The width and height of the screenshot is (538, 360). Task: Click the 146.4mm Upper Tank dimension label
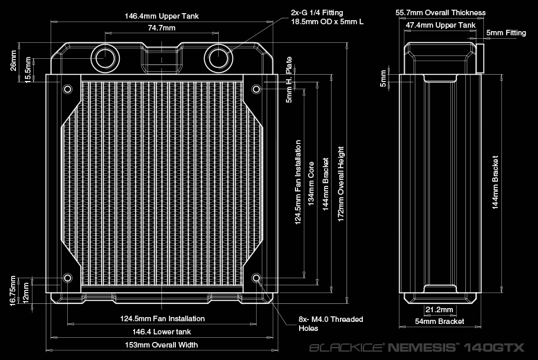[161, 16]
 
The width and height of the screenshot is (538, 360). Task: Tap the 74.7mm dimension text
[161, 28]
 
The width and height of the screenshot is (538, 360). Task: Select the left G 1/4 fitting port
[105, 58]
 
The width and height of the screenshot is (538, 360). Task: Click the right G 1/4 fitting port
[219, 58]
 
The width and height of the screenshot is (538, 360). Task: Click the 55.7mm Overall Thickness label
[440, 12]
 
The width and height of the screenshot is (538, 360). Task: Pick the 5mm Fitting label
[506, 33]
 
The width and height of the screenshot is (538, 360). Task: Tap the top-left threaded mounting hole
[68, 89]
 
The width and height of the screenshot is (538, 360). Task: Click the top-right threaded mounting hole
[256, 89]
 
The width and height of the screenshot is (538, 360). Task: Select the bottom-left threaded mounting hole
[68, 278]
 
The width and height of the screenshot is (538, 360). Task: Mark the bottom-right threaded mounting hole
[256, 278]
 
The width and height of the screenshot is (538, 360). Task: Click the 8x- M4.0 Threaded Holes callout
[330, 323]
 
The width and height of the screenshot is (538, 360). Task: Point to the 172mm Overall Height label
[341, 184]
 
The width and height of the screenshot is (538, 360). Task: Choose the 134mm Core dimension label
[311, 184]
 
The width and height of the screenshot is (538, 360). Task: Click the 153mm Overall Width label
[161, 345]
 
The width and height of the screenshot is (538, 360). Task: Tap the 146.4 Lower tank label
[161, 332]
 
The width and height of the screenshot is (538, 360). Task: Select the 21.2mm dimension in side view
[439, 309]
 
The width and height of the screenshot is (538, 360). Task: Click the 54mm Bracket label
[440, 321]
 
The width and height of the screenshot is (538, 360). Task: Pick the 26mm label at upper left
[13, 61]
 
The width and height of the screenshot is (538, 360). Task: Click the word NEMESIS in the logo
[422, 348]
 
